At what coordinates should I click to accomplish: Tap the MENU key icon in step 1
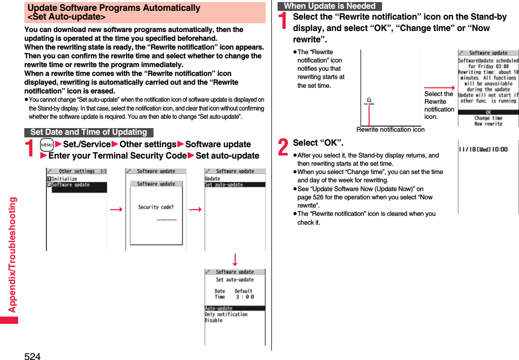(x=47, y=145)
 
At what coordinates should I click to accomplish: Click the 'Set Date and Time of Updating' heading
(x=88, y=132)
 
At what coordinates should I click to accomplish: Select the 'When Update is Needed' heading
(x=329, y=6)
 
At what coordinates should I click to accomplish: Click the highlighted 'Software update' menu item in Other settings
(x=71, y=185)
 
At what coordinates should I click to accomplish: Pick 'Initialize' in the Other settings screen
(x=64, y=179)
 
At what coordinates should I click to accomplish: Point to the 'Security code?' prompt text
(x=156, y=207)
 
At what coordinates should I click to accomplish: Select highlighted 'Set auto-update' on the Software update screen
(x=222, y=184)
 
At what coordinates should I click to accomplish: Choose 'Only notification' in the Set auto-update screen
(x=226, y=314)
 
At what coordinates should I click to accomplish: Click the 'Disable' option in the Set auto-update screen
(x=213, y=320)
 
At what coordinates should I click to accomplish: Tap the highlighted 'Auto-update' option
(x=219, y=308)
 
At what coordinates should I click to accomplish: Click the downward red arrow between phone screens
(x=235, y=259)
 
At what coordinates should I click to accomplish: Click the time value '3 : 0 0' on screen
(x=245, y=297)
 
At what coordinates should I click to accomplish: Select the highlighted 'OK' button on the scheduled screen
(x=488, y=112)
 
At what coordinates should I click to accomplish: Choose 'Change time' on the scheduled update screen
(x=488, y=118)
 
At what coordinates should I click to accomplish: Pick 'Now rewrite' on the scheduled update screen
(x=488, y=124)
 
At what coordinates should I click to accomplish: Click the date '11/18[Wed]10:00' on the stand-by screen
(x=483, y=149)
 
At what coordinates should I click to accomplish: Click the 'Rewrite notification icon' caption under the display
(x=390, y=130)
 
